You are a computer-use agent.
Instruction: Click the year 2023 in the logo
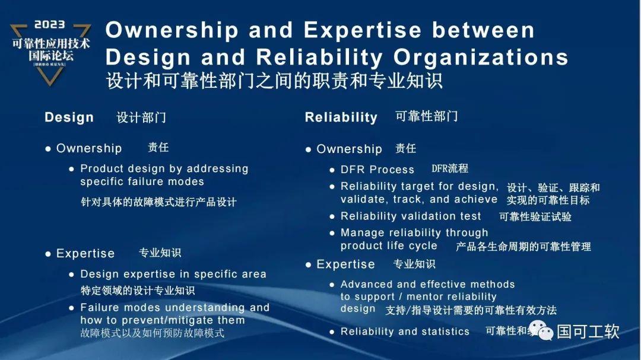point(50,25)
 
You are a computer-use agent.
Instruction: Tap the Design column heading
point(69,117)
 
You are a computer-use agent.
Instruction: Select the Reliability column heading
point(341,117)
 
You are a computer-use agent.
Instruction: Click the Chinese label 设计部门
point(141,117)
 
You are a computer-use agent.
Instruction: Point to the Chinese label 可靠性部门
point(426,116)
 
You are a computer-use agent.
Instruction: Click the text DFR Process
point(377,170)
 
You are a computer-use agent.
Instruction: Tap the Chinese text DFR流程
point(449,169)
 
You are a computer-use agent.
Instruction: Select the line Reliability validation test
point(411,216)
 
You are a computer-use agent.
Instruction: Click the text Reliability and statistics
point(405,332)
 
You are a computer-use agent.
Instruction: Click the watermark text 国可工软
point(588,331)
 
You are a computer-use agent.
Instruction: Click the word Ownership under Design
point(89,148)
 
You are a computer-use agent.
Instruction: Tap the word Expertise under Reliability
point(345,265)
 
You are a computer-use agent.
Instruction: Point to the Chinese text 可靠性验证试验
point(535,217)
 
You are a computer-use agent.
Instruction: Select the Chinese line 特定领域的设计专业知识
point(138,291)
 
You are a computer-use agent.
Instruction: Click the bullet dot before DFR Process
point(332,170)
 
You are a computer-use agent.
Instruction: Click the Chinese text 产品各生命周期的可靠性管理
point(523,246)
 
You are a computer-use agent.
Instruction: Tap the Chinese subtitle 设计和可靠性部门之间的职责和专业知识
point(274,80)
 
